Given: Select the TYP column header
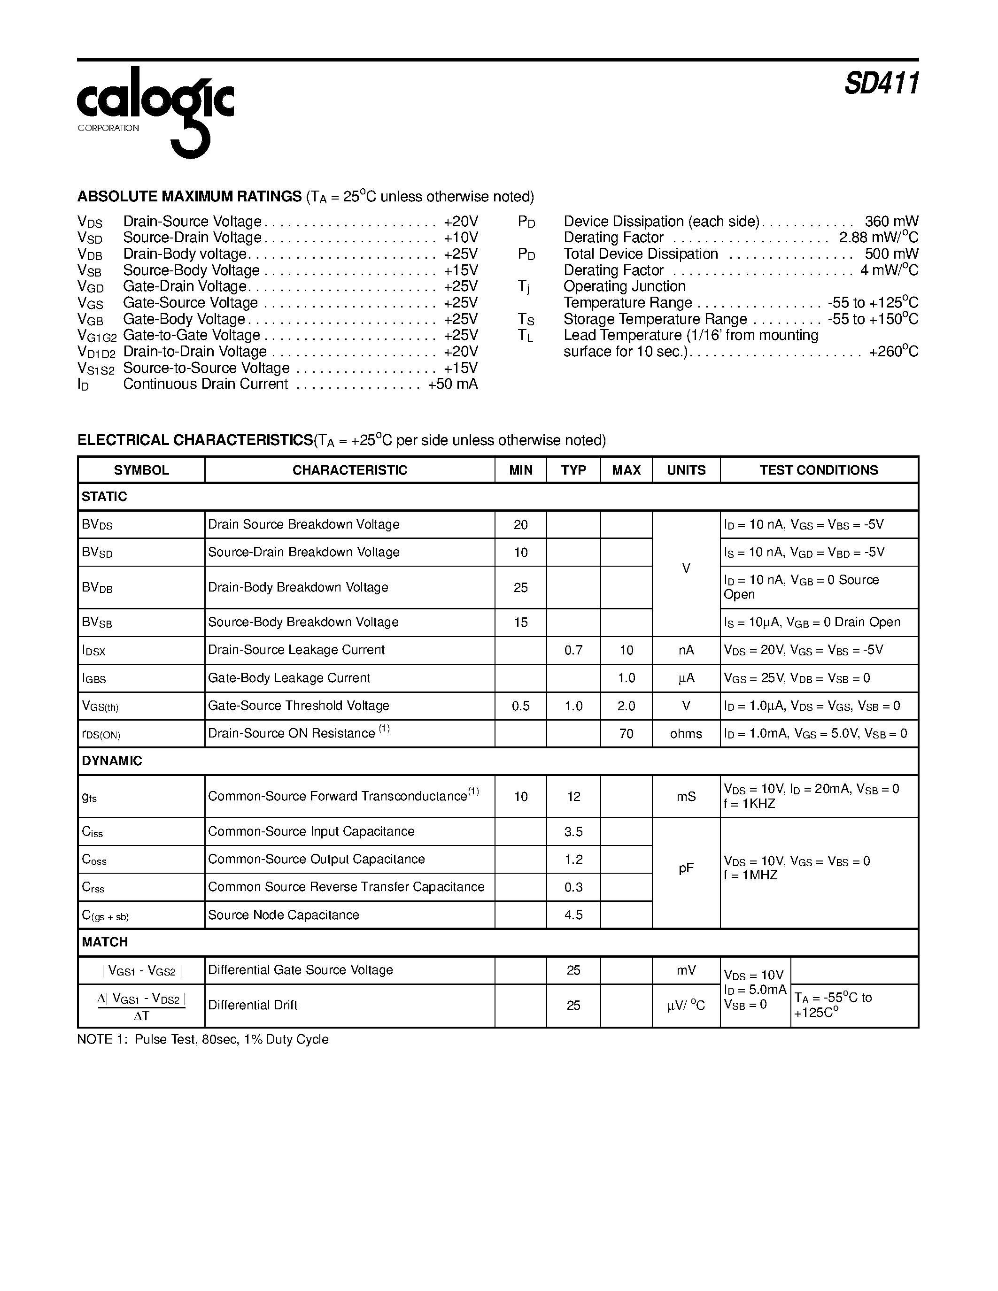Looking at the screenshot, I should coord(573,470).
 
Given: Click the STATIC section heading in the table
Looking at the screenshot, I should coord(105,497).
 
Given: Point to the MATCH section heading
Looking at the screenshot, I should coord(105,942).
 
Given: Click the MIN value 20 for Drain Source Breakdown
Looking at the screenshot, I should coord(520,525).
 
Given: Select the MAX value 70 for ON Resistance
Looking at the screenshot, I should coord(626,734).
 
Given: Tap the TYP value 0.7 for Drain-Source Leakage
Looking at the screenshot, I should coord(573,650).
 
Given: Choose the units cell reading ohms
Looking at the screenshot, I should coord(686,734).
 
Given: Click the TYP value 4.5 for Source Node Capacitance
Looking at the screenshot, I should coord(573,914).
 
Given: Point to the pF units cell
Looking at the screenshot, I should coord(686,868).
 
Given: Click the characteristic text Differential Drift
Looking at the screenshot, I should coord(253,1005).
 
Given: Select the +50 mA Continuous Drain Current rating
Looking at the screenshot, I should coord(452,384).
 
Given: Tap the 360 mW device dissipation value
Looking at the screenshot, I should coord(891,222).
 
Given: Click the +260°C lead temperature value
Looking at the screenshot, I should coord(893,352).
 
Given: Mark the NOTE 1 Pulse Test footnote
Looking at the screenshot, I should coord(203,1039).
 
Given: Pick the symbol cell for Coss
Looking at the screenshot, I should coord(94,860).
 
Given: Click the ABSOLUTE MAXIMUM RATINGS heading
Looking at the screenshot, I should coord(189,196).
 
